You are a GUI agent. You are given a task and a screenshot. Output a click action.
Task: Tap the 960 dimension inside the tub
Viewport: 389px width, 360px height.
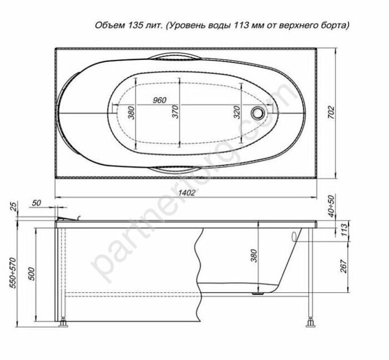(159, 100)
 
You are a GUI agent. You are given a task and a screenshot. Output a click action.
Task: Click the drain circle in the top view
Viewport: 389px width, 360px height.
(258, 113)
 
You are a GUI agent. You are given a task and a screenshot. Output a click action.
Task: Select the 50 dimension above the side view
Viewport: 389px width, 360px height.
(37, 202)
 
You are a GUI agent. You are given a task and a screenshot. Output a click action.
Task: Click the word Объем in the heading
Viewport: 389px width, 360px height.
(109, 26)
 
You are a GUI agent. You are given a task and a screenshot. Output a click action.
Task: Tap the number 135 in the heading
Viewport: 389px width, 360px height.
(137, 26)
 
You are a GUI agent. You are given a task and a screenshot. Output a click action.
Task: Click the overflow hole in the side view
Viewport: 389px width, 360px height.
(295, 236)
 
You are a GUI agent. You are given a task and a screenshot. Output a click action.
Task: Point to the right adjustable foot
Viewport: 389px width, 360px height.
(308, 321)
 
